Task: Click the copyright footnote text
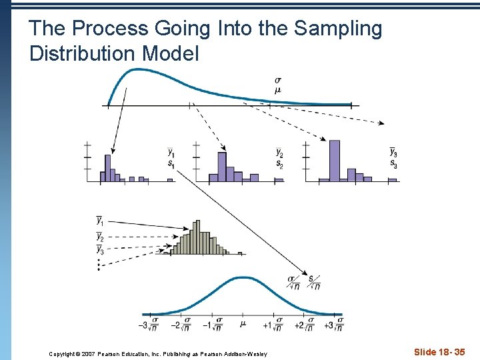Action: click(x=158, y=353)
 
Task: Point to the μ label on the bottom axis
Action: click(x=243, y=325)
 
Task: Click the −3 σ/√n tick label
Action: click(x=147, y=325)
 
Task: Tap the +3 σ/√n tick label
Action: click(x=334, y=325)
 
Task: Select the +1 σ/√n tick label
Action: click(x=273, y=325)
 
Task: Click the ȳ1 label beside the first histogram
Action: click(x=171, y=153)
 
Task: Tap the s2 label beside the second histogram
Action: click(x=279, y=164)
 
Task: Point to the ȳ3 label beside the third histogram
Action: click(x=394, y=153)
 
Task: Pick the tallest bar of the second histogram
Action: click(x=222, y=167)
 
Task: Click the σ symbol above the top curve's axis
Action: click(x=277, y=81)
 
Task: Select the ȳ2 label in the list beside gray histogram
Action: click(x=100, y=236)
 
